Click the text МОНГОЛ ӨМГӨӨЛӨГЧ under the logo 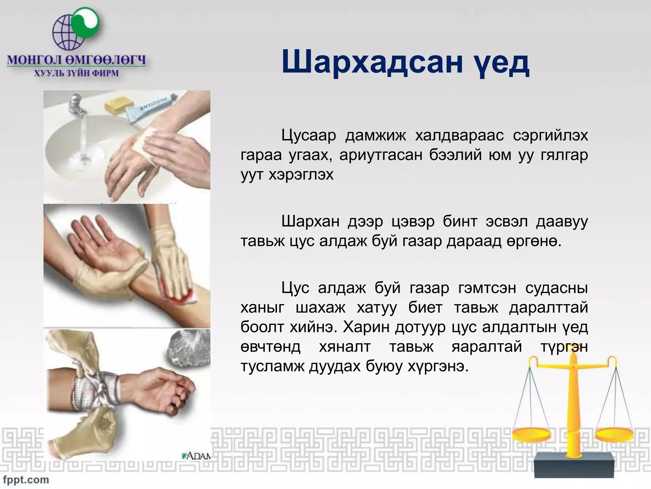(76, 60)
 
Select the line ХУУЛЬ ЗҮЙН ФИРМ (76, 73)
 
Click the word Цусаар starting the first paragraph (308, 136)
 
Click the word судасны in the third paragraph (556, 288)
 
